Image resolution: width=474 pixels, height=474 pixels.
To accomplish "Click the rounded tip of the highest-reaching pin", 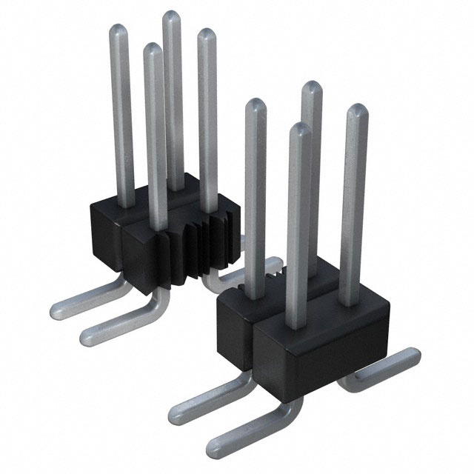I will pyautogui.click(x=172, y=17).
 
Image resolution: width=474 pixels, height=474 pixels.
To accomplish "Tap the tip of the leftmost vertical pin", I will pyautogui.click(x=119, y=30).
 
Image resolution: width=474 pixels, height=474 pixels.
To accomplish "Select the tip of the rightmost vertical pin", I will pyautogui.click(x=358, y=111).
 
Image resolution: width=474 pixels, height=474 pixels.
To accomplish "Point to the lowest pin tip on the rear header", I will pyautogui.click(x=152, y=50).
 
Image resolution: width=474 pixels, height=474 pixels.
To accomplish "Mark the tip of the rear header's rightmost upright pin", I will pyautogui.click(x=206, y=34).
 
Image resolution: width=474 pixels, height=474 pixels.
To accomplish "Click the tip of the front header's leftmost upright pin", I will pyautogui.click(x=255, y=104).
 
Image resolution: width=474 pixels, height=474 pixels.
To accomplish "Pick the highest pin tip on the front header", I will pyautogui.click(x=311, y=91).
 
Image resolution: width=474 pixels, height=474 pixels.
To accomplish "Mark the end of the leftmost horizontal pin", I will pyautogui.click(x=57, y=309).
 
